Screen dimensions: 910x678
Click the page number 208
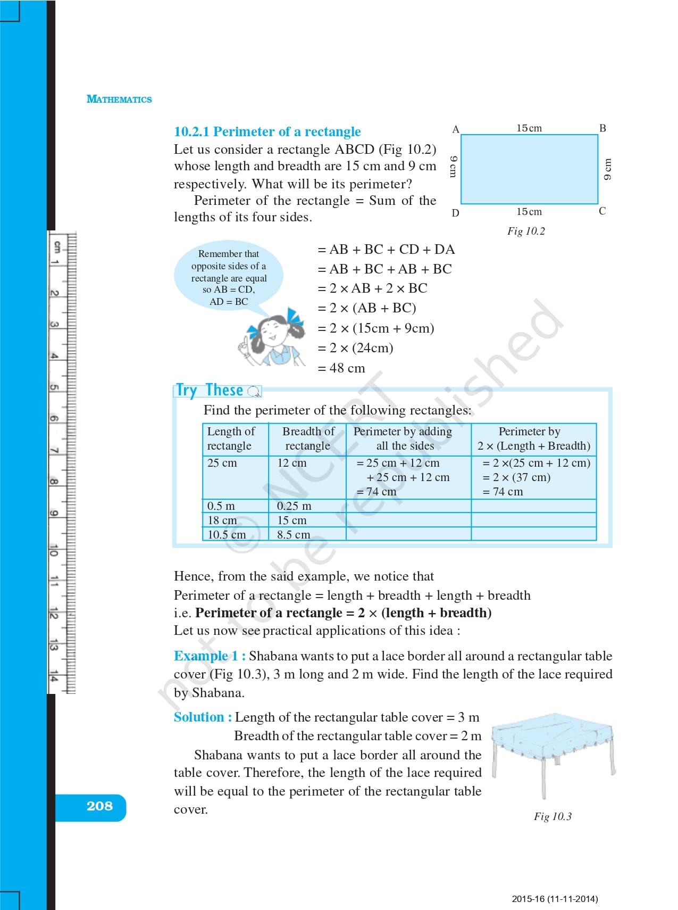point(99,806)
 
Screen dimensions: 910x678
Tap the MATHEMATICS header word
point(119,100)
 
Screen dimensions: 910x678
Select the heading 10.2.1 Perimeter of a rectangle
point(267,131)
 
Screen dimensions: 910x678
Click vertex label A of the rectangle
point(455,129)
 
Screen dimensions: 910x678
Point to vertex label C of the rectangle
point(602,211)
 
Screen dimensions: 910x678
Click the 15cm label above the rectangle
point(529,128)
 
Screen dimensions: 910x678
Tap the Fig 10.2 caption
point(526,231)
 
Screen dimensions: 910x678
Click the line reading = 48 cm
point(341,368)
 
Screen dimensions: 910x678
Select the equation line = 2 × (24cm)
point(355,348)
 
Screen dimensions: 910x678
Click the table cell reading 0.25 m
point(294,506)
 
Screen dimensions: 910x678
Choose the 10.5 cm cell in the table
point(227,534)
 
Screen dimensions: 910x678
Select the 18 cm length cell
point(222,520)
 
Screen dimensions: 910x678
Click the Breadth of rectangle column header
point(308,439)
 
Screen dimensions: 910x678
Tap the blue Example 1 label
point(209,656)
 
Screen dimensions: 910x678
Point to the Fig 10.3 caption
point(553,816)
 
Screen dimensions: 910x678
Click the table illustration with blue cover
point(553,750)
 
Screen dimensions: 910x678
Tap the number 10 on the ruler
point(54,550)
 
